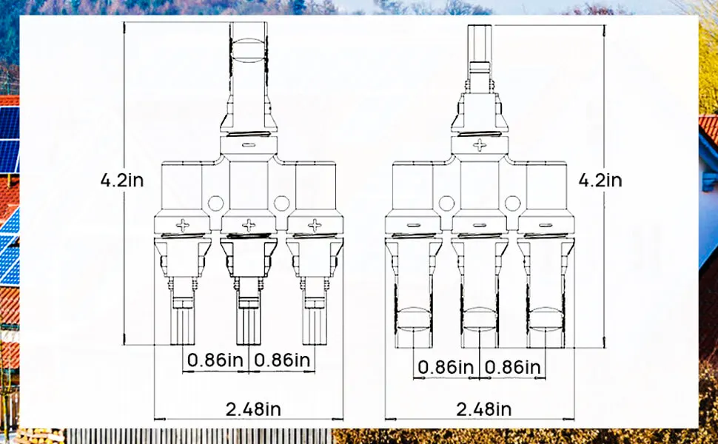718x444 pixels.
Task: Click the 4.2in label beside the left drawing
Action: pos(122,179)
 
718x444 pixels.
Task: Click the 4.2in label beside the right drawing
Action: pos(601,180)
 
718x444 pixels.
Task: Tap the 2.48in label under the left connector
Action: pos(249,409)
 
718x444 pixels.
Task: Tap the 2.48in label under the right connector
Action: pos(483,409)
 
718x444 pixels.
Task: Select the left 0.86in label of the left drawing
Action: pos(215,360)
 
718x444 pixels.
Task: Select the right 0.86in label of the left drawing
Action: pos(282,360)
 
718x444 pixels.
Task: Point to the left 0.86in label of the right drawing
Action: pos(446,367)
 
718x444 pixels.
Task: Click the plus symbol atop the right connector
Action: pos(480,145)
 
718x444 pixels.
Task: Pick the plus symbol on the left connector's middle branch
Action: pos(249,223)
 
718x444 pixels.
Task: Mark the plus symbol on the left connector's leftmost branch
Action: pos(182,223)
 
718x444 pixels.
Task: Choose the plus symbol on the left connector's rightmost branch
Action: pos(315,223)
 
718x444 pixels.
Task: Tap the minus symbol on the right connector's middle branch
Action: pos(480,224)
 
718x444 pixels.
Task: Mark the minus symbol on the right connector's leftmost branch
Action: pos(413,224)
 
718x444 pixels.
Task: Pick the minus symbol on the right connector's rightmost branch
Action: pos(546,224)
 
